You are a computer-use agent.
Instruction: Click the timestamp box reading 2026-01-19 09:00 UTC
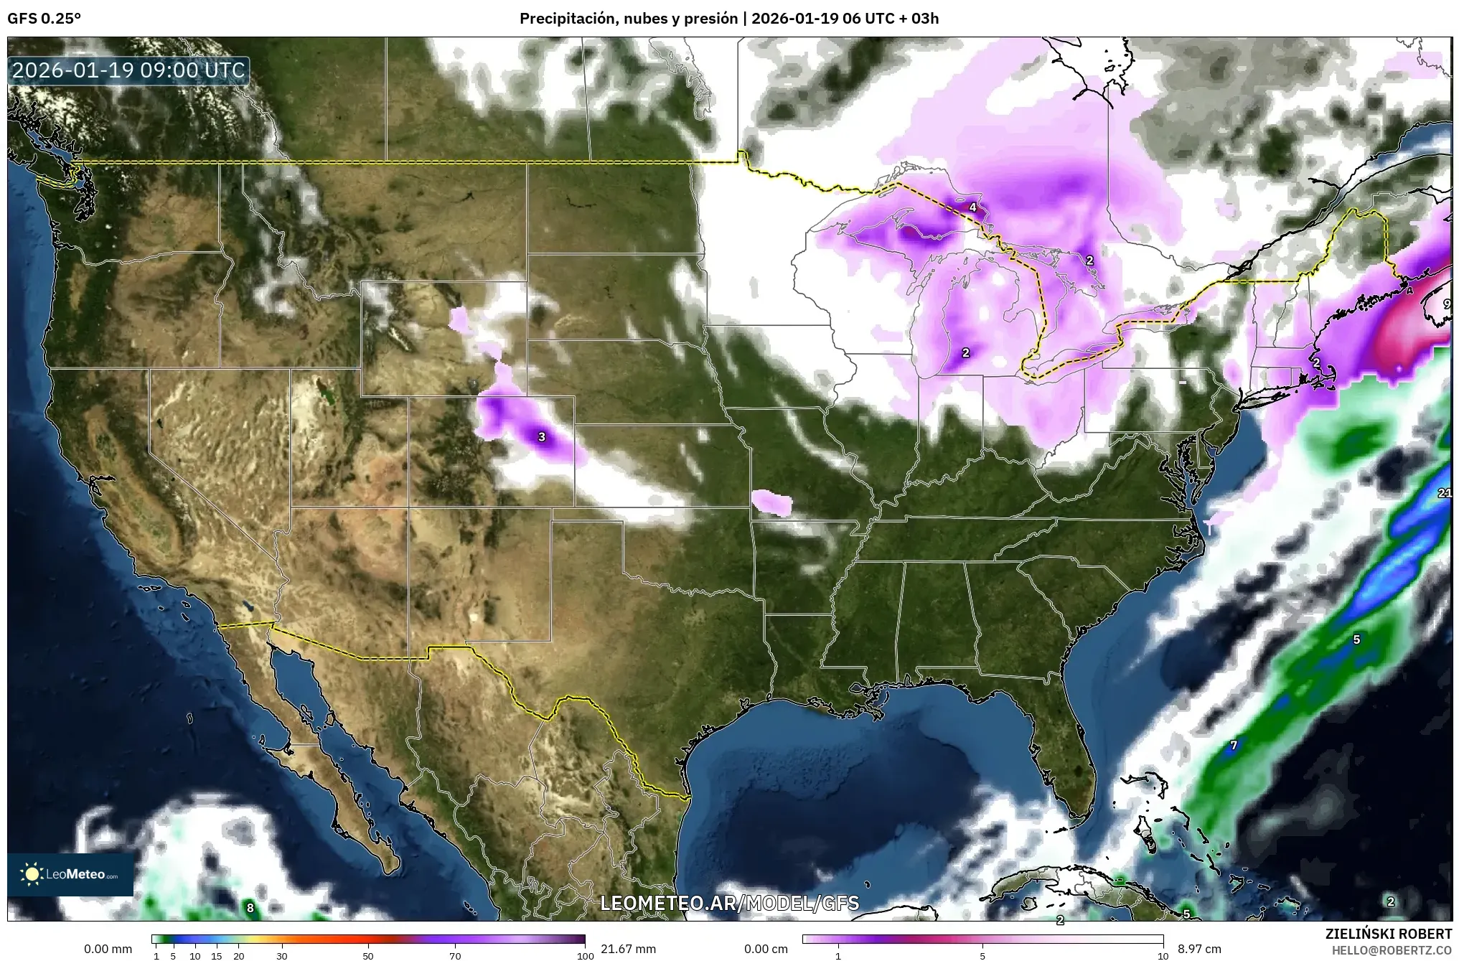[x=129, y=70]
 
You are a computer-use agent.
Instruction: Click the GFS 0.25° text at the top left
[x=44, y=19]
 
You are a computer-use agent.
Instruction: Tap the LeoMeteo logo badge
[x=70, y=874]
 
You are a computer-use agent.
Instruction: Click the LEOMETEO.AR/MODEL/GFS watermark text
[x=729, y=903]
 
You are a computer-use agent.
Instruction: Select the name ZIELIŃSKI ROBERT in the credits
[x=1388, y=934]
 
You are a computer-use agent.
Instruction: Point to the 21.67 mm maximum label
[x=628, y=949]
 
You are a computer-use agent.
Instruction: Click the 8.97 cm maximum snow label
[x=1199, y=949]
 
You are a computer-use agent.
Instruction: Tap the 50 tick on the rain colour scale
[x=368, y=956]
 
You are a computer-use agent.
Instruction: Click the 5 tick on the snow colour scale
[x=982, y=956]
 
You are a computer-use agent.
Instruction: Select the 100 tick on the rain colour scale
[x=585, y=956]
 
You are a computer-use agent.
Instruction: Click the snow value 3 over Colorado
[x=542, y=436]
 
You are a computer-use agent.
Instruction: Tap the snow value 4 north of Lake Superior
[x=972, y=207]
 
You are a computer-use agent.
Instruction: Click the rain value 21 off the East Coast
[x=1445, y=493]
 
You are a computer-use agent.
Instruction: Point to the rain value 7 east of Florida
[x=1234, y=745]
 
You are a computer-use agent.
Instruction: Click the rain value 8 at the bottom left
[x=250, y=908]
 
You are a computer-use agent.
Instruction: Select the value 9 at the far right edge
[x=1446, y=304]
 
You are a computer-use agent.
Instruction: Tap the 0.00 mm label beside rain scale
[x=108, y=949]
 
